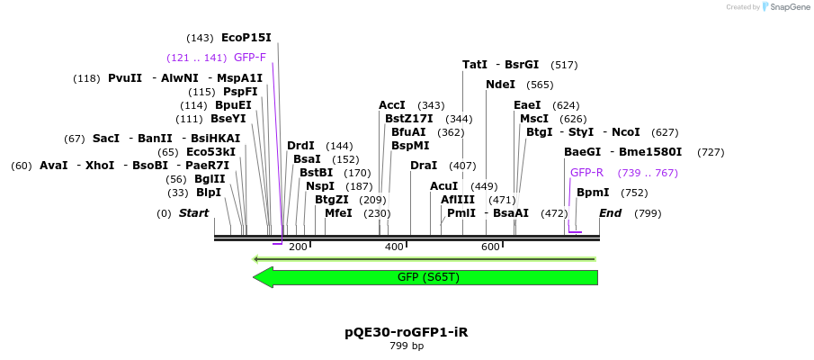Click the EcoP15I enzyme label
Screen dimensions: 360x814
click(x=246, y=38)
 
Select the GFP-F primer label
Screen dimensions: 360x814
click(x=249, y=58)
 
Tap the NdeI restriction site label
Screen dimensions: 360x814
click(x=500, y=85)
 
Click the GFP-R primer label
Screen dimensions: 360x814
click(x=586, y=173)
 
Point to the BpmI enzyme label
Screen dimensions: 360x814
click(x=593, y=193)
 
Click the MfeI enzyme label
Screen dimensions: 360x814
click(x=338, y=213)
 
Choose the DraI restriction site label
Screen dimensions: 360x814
click(x=423, y=166)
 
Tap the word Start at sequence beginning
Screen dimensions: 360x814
click(x=193, y=213)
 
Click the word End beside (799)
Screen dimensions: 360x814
click(x=610, y=213)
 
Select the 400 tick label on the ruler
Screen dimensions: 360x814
click(x=394, y=247)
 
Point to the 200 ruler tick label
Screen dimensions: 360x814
click(x=298, y=247)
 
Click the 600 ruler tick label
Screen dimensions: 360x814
click(x=490, y=247)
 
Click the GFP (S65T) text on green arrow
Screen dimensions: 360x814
click(x=428, y=277)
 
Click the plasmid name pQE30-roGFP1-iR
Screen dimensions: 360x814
click(x=406, y=332)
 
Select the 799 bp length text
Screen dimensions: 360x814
click(x=406, y=346)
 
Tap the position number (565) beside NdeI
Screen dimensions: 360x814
click(x=540, y=85)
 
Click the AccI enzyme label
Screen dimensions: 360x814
click(x=392, y=105)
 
